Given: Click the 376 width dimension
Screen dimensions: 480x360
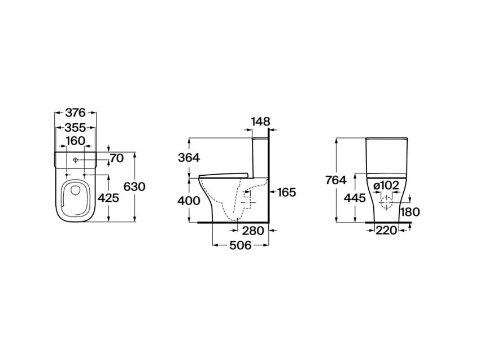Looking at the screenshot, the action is click(75, 113).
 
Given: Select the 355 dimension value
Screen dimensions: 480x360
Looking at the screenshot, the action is click(75, 128).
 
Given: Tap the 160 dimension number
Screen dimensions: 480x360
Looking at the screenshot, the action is click(75, 141).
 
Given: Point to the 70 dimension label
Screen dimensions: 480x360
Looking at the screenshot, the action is click(117, 158).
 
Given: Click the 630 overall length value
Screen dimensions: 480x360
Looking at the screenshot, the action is click(134, 186).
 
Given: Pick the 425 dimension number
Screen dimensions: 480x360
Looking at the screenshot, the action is click(108, 198).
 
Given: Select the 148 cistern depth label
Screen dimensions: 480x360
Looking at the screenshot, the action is click(261, 122).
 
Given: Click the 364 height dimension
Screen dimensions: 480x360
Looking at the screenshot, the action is click(189, 158).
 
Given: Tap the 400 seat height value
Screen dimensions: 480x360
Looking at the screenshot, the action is click(189, 201).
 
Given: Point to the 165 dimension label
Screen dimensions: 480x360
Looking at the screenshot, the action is click(286, 192).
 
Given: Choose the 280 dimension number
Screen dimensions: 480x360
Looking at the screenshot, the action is click(253, 231).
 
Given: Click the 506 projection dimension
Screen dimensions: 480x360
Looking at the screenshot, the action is click(241, 245).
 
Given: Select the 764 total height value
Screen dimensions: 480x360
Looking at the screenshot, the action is click(336, 180).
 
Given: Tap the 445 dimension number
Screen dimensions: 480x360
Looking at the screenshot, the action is click(355, 198).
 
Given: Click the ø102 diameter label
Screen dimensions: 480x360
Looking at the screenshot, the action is click(387, 185).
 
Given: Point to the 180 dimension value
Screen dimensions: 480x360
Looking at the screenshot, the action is click(410, 212).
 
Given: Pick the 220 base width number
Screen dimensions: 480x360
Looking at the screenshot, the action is click(386, 230).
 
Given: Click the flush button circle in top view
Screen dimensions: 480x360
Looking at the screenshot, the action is click(76, 160).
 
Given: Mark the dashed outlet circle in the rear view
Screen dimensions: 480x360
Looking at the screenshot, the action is click(386, 202).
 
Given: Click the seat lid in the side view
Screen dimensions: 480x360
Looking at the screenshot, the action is click(223, 175).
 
